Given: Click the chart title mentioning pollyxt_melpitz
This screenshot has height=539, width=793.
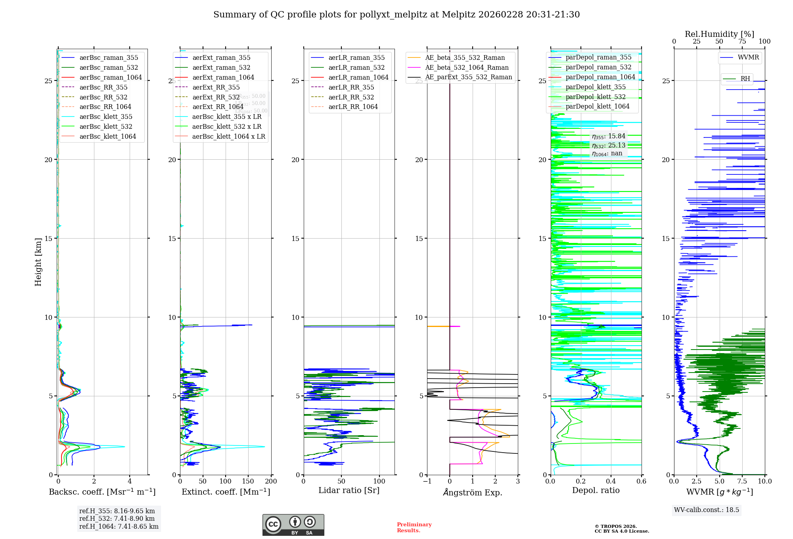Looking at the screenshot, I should [396, 15].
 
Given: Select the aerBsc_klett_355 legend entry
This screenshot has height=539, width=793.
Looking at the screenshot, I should [106, 117].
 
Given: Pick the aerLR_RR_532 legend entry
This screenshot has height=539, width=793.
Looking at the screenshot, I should [351, 97].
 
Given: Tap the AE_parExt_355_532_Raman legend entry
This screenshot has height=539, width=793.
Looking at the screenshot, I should [468, 77].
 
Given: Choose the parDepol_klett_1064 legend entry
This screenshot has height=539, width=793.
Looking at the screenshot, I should [597, 106].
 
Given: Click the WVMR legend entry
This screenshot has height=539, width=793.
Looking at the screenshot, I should [748, 57].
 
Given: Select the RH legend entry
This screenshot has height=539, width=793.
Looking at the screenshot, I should [745, 78].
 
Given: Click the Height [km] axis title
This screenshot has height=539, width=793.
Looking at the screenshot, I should [38, 262].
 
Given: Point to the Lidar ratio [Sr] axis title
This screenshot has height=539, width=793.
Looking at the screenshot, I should [349, 490].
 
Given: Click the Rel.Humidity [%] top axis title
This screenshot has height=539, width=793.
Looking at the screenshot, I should [719, 34].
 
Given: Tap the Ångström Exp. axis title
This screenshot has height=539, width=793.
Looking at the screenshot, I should [472, 492].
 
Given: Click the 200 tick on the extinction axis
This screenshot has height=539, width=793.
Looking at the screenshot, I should [271, 482].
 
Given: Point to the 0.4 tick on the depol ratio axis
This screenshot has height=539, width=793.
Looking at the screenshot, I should [611, 482].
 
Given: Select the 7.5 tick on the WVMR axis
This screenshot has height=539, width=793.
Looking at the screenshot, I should [742, 482].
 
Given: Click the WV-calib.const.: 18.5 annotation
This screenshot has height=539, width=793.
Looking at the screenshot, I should [707, 510].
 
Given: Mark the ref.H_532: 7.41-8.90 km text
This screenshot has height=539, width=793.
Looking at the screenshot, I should [117, 518].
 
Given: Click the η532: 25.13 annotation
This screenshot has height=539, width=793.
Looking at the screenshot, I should [609, 145].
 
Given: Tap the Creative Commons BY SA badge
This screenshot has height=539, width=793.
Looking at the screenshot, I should [293, 525].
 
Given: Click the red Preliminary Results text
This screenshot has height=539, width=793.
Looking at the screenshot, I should [414, 528].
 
